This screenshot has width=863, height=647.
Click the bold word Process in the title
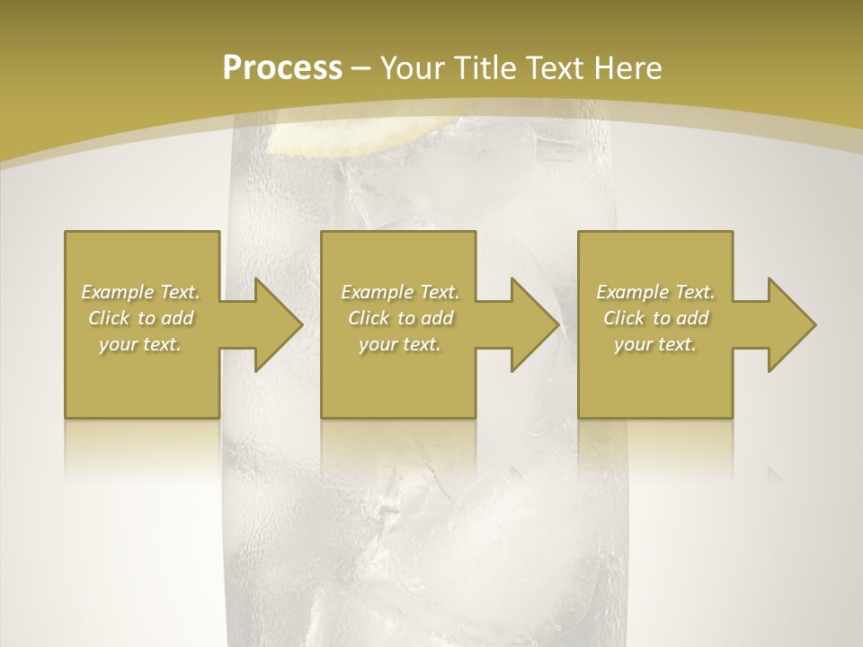pos(282,67)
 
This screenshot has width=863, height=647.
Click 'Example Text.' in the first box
pos(141,292)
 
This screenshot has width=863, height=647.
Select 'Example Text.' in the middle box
pos(400,292)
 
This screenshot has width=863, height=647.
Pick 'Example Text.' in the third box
pos(655,292)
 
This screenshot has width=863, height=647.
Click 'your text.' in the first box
pos(141,344)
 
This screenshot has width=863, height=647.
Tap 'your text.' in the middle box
pos(400,344)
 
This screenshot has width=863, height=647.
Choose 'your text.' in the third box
pos(655,344)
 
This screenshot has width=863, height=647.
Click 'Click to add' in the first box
pos(141,318)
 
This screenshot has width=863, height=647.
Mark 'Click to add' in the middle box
pos(400,318)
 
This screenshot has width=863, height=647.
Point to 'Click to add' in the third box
pos(655,318)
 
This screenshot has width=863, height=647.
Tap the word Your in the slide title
pos(411,67)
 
